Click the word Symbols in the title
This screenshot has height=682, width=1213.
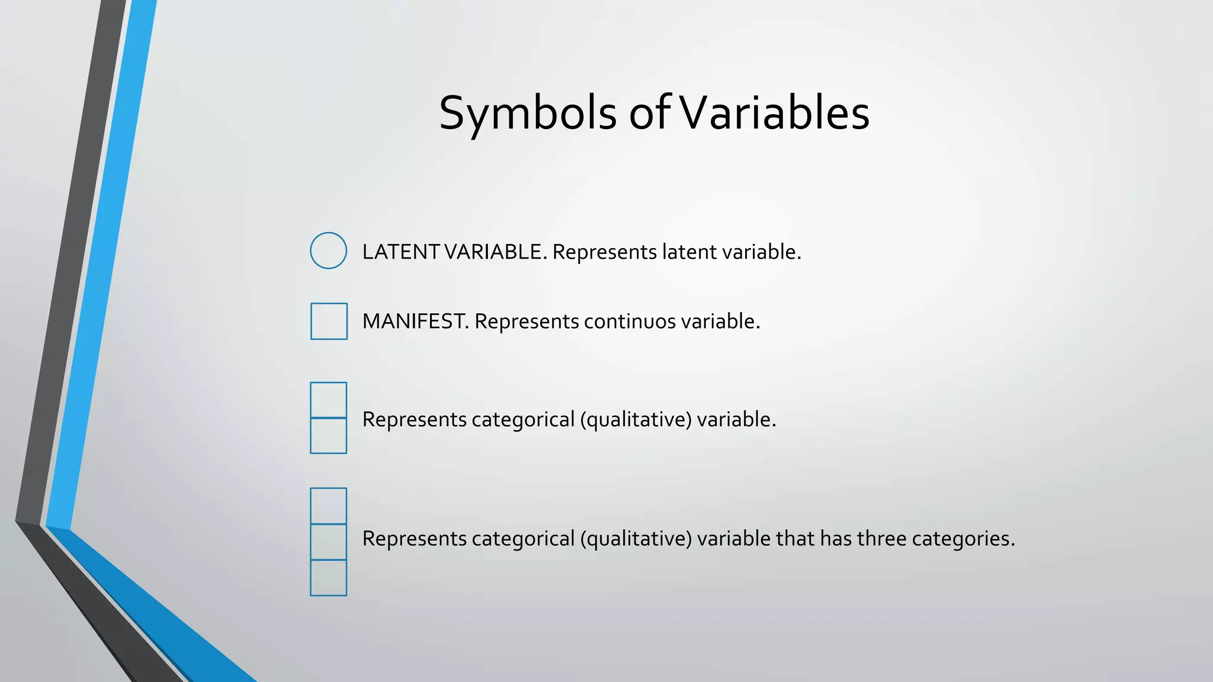[x=528, y=113]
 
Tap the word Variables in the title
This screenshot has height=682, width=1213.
[x=774, y=113]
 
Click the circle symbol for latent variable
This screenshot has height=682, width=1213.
[x=328, y=250]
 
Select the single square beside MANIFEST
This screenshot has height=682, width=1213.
[x=329, y=321]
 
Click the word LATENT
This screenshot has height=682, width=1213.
[x=400, y=252]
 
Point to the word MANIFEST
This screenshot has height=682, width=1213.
[x=415, y=321]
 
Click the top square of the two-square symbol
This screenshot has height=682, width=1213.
[x=328, y=400]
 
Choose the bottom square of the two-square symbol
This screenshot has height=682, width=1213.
[x=328, y=436]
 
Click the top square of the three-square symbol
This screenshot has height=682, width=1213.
[x=328, y=506]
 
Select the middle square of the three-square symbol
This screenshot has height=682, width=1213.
[x=328, y=542]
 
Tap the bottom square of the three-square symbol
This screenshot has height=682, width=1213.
[x=328, y=578]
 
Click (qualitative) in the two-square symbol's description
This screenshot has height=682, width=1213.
[x=636, y=420]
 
